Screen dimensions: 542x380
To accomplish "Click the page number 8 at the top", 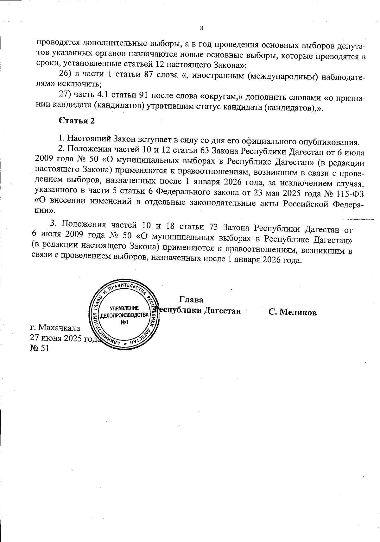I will pos(201,28).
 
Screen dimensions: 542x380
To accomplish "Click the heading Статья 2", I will pos(77,121).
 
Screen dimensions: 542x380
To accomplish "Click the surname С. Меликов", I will pos(293,312).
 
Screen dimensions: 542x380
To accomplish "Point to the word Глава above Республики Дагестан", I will pos(191,299).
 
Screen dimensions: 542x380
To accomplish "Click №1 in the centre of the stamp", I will pos(124,322).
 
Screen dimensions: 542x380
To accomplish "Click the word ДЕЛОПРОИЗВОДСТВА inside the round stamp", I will pos(124,315).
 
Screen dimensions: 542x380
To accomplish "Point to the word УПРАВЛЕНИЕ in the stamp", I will pos(124,308).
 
